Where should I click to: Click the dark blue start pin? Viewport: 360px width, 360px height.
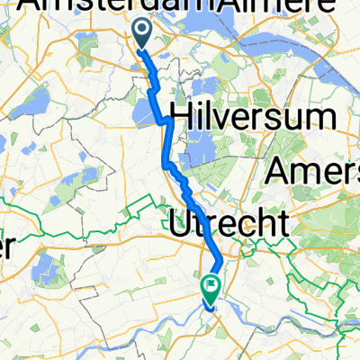pyautogui.click(x=143, y=34)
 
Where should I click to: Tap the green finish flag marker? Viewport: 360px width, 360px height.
pyautogui.click(x=211, y=288)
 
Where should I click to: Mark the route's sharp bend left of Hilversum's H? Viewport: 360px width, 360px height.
pyautogui.click(x=163, y=120)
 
